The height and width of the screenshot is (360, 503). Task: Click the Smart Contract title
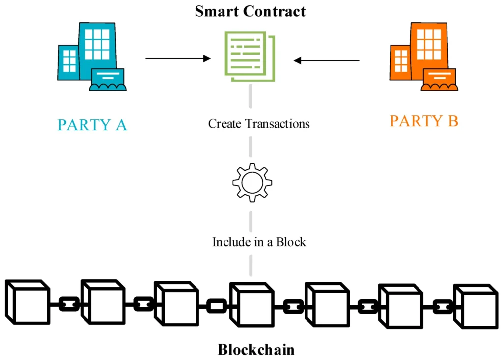click(x=250, y=11)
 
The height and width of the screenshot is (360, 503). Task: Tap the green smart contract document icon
click(x=250, y=55)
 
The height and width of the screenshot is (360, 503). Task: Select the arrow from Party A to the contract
click(x=178, y=59)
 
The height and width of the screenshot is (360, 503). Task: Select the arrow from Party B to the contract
click(x=327, y=61)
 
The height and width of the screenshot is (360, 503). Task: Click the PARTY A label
click(x=92, y=125)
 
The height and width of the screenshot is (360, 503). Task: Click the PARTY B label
click(x=424, y=121)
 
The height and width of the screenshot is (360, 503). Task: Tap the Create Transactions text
click(x=259, y=123)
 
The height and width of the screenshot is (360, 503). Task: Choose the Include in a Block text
click(x=259, y=242)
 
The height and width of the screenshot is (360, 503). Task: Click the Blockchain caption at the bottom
click(x=256, y=350)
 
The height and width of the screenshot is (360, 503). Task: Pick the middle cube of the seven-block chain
click(x=251, y=305)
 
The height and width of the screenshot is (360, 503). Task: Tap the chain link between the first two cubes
click(x=69, y=304)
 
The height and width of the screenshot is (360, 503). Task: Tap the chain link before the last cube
click(x=443, y=307)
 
